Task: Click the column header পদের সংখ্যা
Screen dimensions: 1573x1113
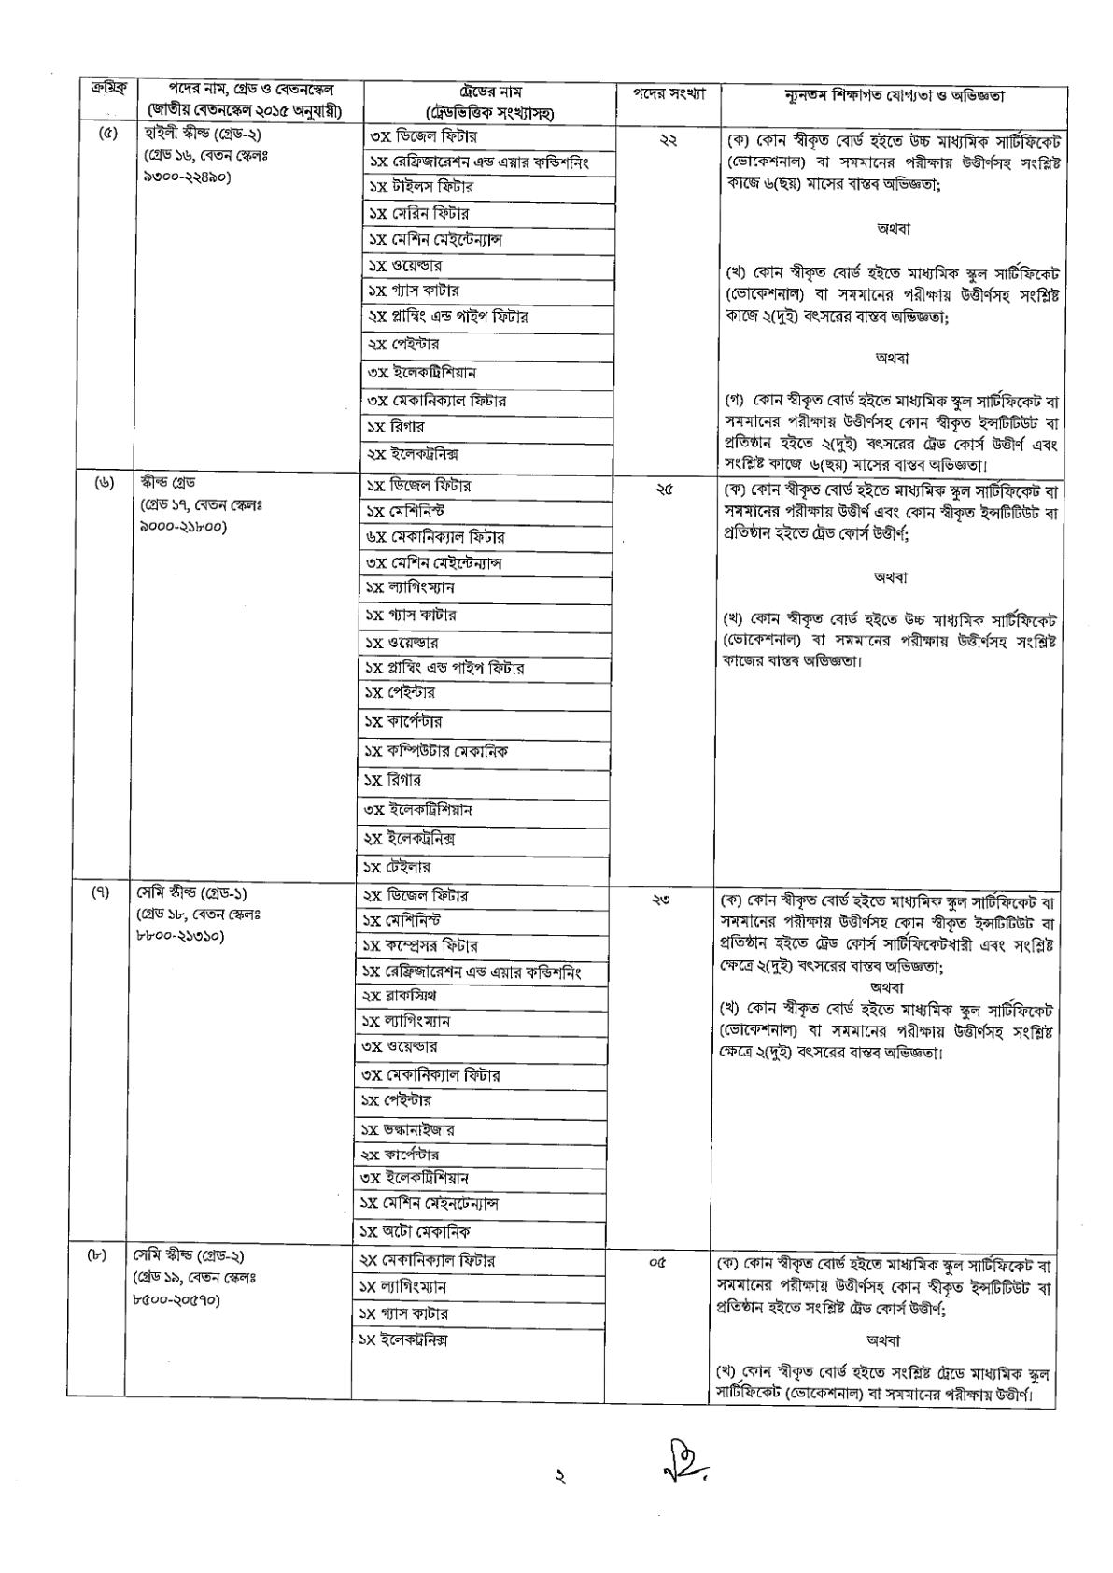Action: click(667, 93)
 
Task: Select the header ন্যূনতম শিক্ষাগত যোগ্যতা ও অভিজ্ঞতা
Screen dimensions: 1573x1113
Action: click(893, 94)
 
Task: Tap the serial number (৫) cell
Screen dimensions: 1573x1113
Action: click(106, 133)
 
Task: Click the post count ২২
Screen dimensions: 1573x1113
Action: click(668, 139)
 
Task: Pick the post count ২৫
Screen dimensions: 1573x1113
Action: click(664, 488)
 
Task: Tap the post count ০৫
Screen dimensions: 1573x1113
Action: click(658, 1263)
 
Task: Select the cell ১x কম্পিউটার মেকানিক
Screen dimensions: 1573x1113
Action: click(436, 751)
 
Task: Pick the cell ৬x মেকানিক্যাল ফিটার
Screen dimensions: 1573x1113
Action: click(435, 537)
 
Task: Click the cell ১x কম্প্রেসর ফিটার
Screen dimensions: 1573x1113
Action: click(420, 946)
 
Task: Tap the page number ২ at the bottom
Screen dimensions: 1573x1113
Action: click(558, 1479)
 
